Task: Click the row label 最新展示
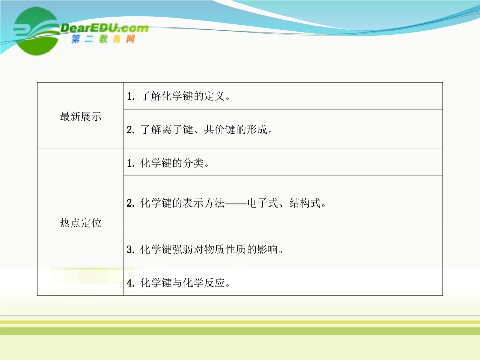point(80,117)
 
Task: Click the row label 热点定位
point(80,223)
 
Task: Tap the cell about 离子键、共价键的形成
point(200,130)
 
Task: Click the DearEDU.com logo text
point(104,29)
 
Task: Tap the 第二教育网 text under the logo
point(104,40)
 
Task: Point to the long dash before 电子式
point(235,203)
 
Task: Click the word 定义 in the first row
point(215,96)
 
